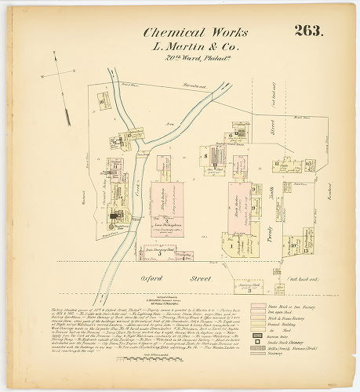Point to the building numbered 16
point(101,100)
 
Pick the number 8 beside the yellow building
point(203,155)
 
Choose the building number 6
point(230,135)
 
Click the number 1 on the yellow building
point(232,245)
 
